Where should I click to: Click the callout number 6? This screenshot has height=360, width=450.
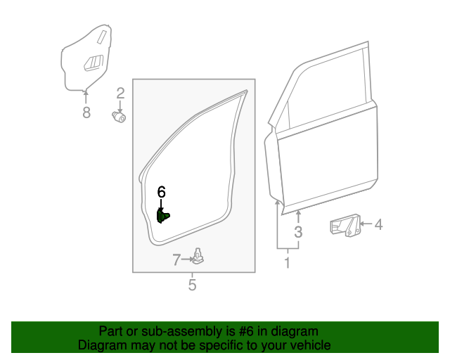tap(161, 192)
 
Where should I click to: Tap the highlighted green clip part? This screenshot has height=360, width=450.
tap(162, 216)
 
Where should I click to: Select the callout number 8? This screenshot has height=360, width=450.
tap(86, 112)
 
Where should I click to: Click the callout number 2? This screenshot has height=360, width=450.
tap(120, 93)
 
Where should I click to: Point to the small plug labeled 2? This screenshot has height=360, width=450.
tap(119, 117)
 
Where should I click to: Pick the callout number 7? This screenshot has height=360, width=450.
tap(176, 259)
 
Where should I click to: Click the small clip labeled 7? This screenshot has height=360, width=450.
tap(200, 257)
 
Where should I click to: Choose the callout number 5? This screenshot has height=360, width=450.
tap(192, 285)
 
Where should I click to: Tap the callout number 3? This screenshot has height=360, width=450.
tap(298, 232)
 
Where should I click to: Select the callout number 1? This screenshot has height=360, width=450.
tap(287, 263)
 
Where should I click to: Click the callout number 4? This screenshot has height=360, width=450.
tap(378, 225)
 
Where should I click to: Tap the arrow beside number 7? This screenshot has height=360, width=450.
tap(188, 259)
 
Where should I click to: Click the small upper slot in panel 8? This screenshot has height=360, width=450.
tap(103, 35)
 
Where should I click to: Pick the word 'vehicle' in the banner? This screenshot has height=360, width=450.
tap(309, 345)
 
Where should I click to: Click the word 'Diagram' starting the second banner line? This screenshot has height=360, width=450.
tap(103, 345)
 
